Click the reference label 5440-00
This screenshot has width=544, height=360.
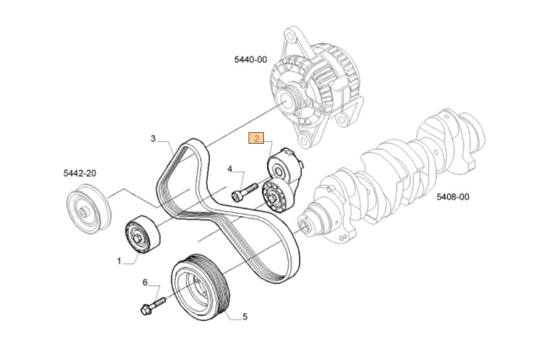click(250, 60)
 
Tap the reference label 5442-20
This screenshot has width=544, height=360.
click(80, 173)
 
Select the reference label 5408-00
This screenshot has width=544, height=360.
click(453, 197)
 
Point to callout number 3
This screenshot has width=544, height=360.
click(154, 139)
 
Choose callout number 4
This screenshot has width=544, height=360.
click(229, 169)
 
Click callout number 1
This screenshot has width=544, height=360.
click(119, 261)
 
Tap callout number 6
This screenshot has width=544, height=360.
click(145, 282)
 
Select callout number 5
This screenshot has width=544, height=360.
click(245, 316)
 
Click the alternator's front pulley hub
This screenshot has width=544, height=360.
click(290, 99)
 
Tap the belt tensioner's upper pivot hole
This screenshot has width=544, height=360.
click(278, 169)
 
